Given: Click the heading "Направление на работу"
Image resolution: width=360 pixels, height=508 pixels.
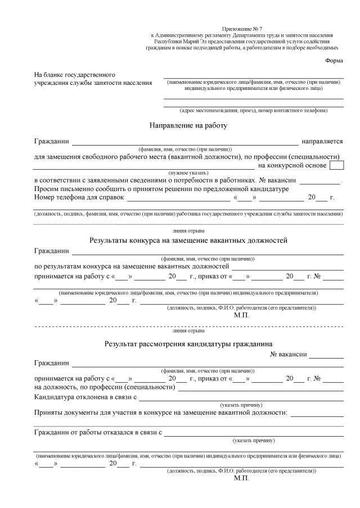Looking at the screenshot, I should (x=188, y=125).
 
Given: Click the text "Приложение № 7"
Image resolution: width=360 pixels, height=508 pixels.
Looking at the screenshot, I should (x=238, y=28).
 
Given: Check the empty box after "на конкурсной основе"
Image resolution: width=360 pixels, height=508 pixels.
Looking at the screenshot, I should (x=336, y=165).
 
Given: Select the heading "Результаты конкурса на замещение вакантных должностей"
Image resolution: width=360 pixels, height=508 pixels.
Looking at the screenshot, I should (x=188, y=241).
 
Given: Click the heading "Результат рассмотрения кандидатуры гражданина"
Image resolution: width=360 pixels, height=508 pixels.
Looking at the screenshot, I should (x=188, y=343).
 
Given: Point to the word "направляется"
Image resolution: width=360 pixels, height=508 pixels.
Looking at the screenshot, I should (x=322, y=141).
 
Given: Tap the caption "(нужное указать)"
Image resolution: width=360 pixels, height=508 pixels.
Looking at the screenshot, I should (x=188, y=173).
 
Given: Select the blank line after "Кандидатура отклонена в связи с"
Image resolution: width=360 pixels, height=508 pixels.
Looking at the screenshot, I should (x=241, y=399).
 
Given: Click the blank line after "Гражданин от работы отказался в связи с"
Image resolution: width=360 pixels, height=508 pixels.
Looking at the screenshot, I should (x=254, y=434).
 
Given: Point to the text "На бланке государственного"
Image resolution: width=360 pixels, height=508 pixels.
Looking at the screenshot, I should (x=75, y=75).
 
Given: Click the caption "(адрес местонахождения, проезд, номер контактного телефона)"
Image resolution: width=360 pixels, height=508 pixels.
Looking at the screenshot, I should (x=253, y=110).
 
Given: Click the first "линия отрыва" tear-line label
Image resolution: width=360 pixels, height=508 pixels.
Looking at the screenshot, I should (x=188, y=231).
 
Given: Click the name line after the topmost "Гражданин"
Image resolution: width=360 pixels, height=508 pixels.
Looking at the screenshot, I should (x=185, y=143).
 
